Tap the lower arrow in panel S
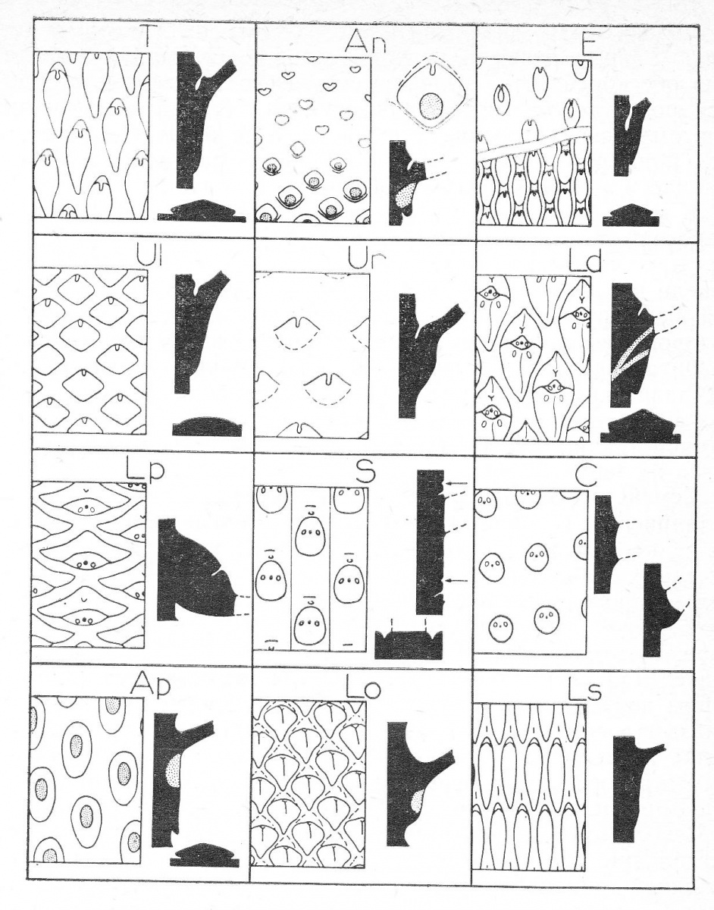pyautogui.click(x=457, y=580)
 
